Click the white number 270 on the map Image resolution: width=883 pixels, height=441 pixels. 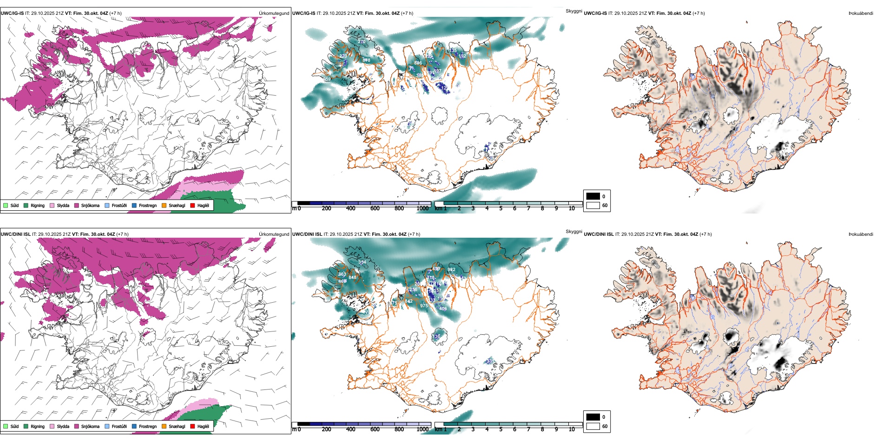click(362, 42)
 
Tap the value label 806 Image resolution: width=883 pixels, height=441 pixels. click(418, 63)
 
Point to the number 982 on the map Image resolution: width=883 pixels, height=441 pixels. click(451, 270)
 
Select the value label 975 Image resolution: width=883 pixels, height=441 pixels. click(424, 306)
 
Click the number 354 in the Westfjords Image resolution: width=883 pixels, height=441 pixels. click(362, 262)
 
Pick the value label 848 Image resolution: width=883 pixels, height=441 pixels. click(352, 278)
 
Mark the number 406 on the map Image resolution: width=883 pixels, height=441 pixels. click(443, 309)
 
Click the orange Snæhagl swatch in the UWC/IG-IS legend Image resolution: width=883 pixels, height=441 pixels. click(164, 206)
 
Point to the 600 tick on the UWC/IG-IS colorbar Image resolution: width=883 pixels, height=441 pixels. click(375, 208)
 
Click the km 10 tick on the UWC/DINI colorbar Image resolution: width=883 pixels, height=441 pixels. click(572, 429)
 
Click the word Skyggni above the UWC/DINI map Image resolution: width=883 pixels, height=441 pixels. click(573, 231)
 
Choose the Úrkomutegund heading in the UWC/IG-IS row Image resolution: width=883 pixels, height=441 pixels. click(274, 13)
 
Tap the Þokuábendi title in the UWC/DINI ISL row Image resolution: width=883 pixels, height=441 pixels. click(861, 234)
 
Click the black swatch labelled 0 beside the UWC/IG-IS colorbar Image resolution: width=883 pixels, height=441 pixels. click(593, 196)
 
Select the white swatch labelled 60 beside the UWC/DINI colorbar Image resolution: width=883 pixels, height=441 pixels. click(593, 426)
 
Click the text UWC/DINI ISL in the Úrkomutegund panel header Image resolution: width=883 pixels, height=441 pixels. click(15, 234)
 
